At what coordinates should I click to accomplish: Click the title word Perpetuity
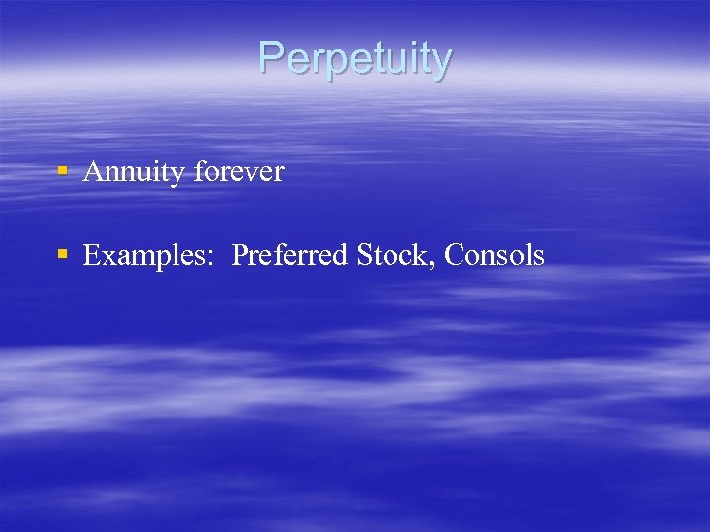pos(355,59)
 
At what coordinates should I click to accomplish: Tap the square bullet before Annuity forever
pos(62,170)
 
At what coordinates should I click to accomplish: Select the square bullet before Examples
pos(62,254)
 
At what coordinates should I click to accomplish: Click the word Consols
pos(494,256)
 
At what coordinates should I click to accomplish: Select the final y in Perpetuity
pos(441,63)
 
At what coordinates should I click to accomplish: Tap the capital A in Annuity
pos(93,172)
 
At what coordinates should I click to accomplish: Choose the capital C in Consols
pos(455,256)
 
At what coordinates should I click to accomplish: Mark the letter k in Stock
pos(425,256)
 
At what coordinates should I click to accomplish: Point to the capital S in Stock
pos(364,256)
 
